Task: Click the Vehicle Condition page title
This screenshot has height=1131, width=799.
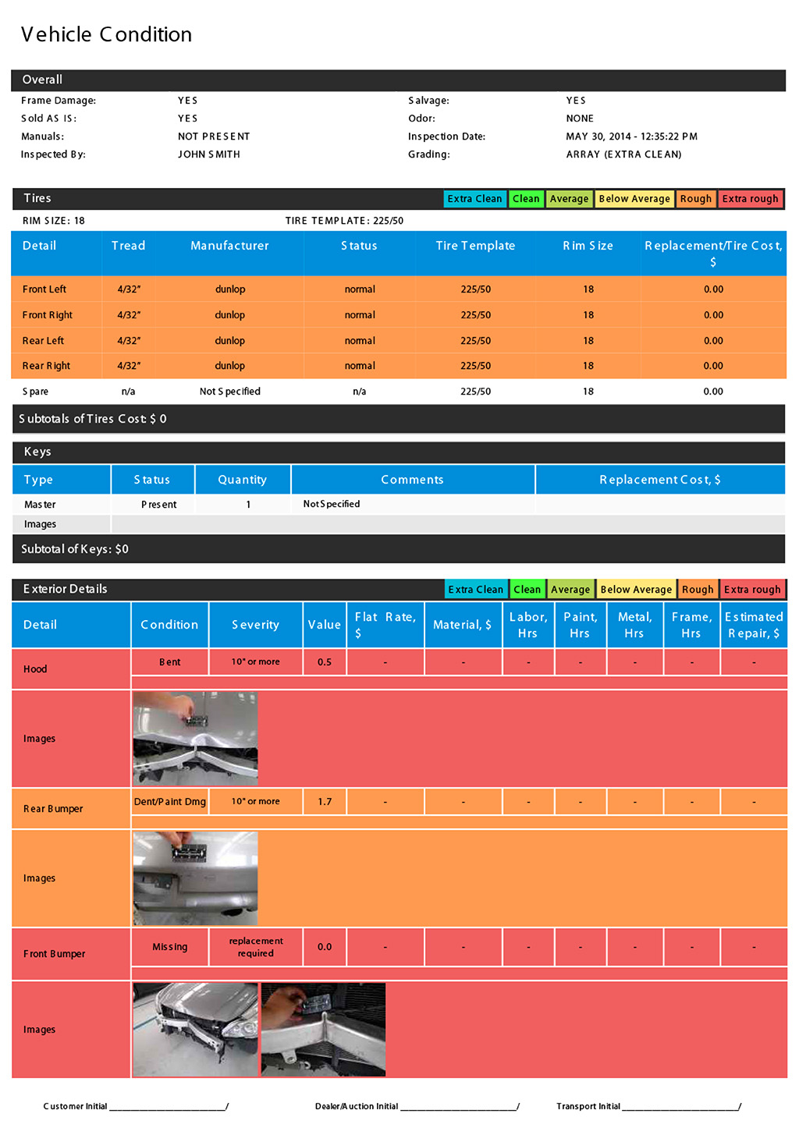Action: pyautogui.click(x=106, y=34)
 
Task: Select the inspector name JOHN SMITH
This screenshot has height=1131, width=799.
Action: pyautogui.click(x=208, y=154)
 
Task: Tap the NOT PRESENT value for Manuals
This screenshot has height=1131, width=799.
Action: pyautogui.click(x=214, y=136)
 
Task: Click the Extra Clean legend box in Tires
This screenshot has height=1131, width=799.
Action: pyautogui.click(x=474, y=199)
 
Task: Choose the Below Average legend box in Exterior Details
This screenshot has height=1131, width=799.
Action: pyautogui.click(x=636, y=590)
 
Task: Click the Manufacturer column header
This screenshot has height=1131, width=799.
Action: pyautogui.click(x=229, y=246)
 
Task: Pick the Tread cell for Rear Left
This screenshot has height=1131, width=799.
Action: pyautogui.click(x=129, y=341)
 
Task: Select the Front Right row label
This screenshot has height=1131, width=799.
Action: pyautogui.click(x=48, y=315)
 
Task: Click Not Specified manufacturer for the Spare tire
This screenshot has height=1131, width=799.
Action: pyautogui.click(x=229, y=392)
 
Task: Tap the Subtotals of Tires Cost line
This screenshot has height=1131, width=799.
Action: pyautogui.click(x=93, y=419)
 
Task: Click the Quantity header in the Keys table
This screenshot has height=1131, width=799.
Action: pyautogui.click(x=242, y=480)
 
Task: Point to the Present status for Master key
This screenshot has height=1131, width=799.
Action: pyautogui.click(x=159, y=505)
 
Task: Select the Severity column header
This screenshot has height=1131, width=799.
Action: pyautogui.click(x=255, y=625)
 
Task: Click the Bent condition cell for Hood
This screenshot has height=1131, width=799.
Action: pyautogui.click(x=169, y=662)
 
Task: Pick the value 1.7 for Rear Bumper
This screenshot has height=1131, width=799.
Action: pyautogui.click(x=325, y=802)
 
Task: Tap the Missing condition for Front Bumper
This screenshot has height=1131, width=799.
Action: pyautogui.click(x=169, y=947)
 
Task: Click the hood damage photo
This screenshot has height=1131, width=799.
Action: pyautogui.click(x=195, y=738)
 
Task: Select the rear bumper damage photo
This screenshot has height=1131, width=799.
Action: pyautogui.click(x=195, y=878)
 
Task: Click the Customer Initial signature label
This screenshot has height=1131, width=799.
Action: pyautogui.click(x=75, y=1106)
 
